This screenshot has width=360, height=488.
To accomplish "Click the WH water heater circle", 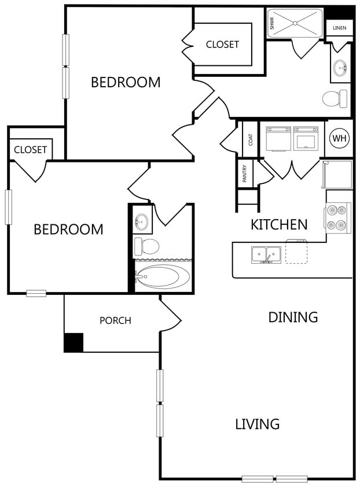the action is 339,138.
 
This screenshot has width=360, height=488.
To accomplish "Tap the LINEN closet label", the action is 339,28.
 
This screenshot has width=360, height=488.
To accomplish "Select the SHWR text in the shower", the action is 272,23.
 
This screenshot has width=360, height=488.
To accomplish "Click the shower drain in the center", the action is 295,23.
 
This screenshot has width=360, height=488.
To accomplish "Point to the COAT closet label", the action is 251,140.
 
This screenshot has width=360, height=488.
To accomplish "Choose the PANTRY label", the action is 244,173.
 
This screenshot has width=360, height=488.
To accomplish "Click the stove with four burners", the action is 337,218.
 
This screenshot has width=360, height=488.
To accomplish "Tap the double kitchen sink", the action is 266,255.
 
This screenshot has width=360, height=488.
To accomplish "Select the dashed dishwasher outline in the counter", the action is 296,252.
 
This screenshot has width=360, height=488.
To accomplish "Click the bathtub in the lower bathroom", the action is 162,276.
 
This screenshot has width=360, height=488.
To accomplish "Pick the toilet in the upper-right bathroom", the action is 335,99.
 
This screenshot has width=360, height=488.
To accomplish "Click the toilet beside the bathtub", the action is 146,246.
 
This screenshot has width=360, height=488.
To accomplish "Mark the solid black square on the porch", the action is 74,343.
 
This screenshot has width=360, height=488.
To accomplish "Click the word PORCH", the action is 115,320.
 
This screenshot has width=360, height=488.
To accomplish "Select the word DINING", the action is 293,317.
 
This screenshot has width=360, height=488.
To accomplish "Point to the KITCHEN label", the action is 279,225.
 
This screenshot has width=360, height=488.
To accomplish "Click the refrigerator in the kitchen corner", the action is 337,174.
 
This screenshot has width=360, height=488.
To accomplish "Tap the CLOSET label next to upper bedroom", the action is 222,45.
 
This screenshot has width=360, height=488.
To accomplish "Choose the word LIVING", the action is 257,424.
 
